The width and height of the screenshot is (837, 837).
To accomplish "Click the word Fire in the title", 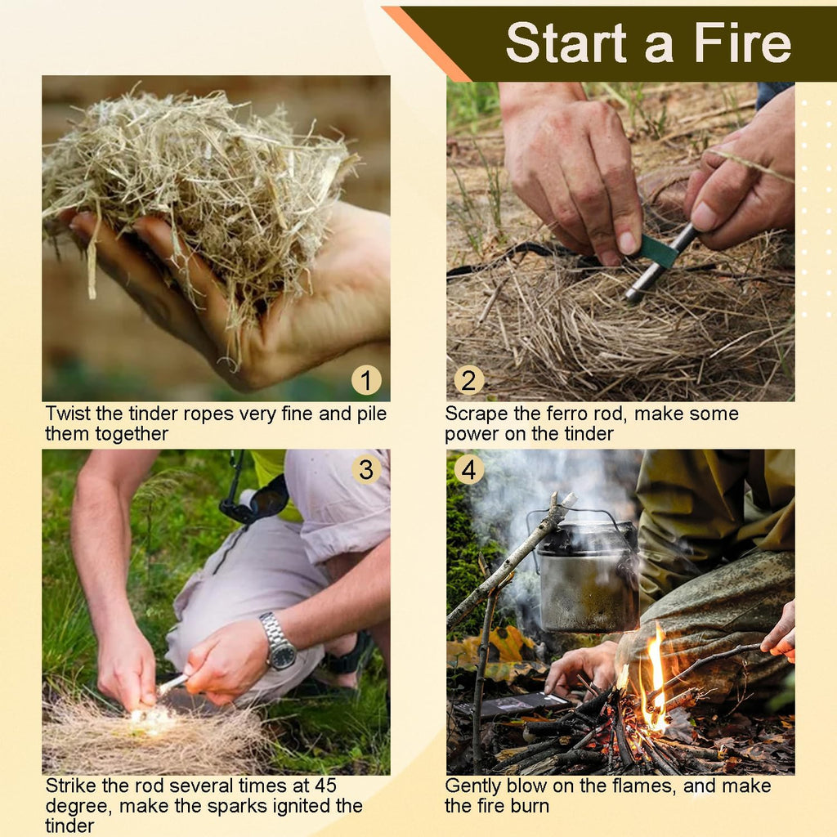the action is click(743, 43).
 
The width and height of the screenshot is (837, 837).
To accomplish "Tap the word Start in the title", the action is click(566, 43).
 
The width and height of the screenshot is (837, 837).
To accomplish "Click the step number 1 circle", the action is click(366, 380).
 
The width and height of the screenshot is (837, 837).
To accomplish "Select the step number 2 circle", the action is click(468, 380).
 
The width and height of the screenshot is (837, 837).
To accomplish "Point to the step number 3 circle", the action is click(366, 469).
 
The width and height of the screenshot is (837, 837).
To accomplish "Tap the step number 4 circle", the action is click(468, 469).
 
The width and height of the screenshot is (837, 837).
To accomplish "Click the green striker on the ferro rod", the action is click(658, 252).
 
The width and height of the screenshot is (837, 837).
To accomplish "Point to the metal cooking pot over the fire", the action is click(587, 576).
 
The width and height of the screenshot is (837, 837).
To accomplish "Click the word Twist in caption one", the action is click(69, 414).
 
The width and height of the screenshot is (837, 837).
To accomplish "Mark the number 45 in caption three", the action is click(325, 786).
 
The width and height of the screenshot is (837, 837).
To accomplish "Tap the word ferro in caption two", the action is click(567, 414).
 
